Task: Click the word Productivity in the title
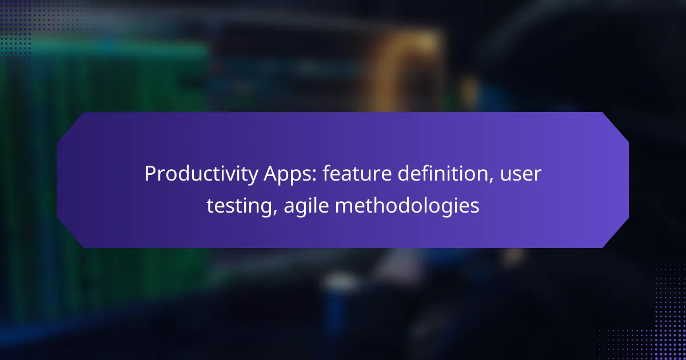201,174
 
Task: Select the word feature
357,173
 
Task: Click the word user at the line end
521,175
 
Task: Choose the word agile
306,206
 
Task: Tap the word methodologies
407,206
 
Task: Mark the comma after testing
274,213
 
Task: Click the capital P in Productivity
151,174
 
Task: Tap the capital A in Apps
271,174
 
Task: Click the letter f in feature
327,173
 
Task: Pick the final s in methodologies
474,207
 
